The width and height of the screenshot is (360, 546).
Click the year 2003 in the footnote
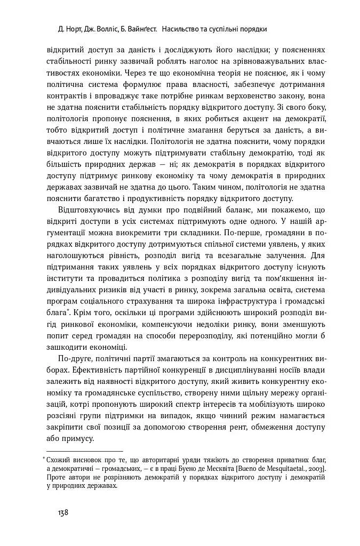(316, 468)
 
